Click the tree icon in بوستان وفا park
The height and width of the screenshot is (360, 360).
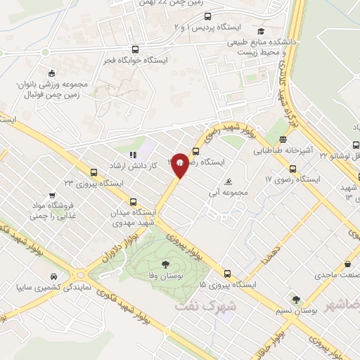point(164,264)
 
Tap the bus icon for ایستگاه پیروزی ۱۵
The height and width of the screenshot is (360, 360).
point(227,274)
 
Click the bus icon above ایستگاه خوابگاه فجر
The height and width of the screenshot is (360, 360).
point(135,50)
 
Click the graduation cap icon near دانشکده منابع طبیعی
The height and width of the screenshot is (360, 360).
point(261,31)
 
